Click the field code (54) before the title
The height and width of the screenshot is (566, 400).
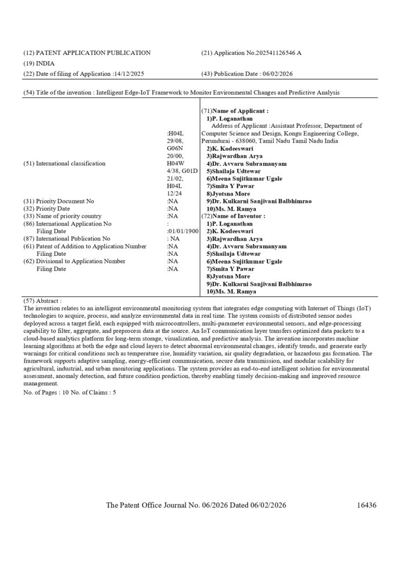[x=29, y=93]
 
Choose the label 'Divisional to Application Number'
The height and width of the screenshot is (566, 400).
[x=81, y=261]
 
